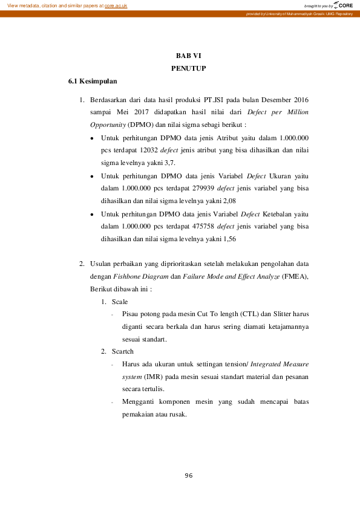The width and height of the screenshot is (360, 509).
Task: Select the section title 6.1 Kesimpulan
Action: point(93,81)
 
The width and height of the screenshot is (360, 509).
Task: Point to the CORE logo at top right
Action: point(344,5)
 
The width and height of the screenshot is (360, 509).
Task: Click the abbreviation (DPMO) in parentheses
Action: point(140,125)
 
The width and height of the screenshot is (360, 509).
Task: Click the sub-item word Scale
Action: point(120,302)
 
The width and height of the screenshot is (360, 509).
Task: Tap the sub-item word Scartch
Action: point(123,351)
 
